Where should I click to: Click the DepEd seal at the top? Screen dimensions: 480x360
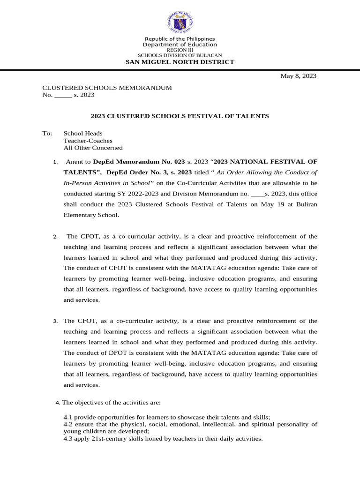point(180,22)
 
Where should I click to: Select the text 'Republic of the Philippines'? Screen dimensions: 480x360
point(180,39)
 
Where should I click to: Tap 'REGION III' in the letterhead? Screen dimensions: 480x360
point(180,50)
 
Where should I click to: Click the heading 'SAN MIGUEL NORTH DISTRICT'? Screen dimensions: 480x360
point(180,62)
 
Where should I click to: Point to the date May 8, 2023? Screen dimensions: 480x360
point(298,76)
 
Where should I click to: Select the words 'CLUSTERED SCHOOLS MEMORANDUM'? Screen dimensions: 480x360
point(107,88)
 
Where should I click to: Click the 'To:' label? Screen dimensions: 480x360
point(47,133)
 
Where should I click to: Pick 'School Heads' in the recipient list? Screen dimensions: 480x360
point(83,133)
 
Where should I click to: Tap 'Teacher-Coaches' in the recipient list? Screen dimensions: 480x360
point(88,140)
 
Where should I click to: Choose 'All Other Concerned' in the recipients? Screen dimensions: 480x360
point(93,148)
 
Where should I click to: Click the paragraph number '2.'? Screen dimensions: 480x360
point(55,237)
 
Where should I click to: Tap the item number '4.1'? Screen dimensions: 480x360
point(68,417)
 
